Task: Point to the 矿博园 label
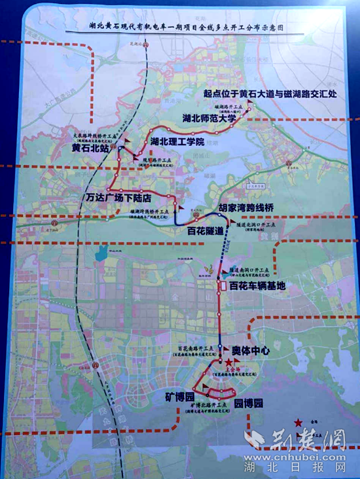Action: [x=181, y=397]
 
